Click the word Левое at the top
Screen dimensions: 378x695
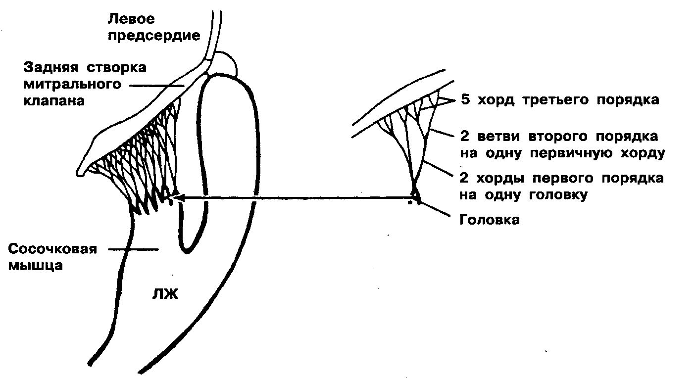[x=131, y=19]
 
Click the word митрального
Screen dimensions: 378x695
[x=72, y=84]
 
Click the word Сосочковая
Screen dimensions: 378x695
[x=52, y=249]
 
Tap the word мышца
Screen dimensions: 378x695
[x=35, y=265]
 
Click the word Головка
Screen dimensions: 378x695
[x=490, y=220]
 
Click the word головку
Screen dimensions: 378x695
[x=558, y=194]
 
